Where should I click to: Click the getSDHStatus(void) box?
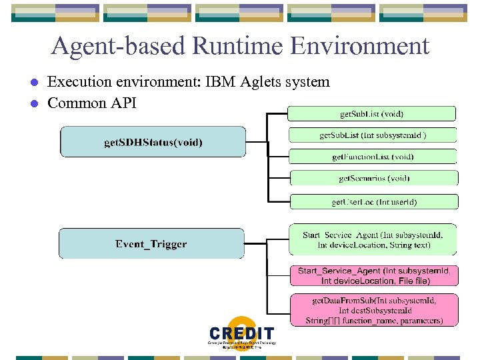tap(153, 142)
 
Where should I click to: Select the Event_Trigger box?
tap(151, 244)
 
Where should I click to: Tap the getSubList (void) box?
tap(372, 114)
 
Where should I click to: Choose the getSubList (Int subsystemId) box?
tap(373, 135)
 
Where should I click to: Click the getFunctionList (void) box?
tap(373, 157)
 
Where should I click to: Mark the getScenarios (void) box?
tap(374, 178)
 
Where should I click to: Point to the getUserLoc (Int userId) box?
tap(374, 201)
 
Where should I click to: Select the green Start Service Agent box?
tap(373, 240)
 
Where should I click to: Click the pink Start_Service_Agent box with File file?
tap(374, 276)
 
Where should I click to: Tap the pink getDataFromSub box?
tap(374, 311)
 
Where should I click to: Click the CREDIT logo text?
tap(241, 333)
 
